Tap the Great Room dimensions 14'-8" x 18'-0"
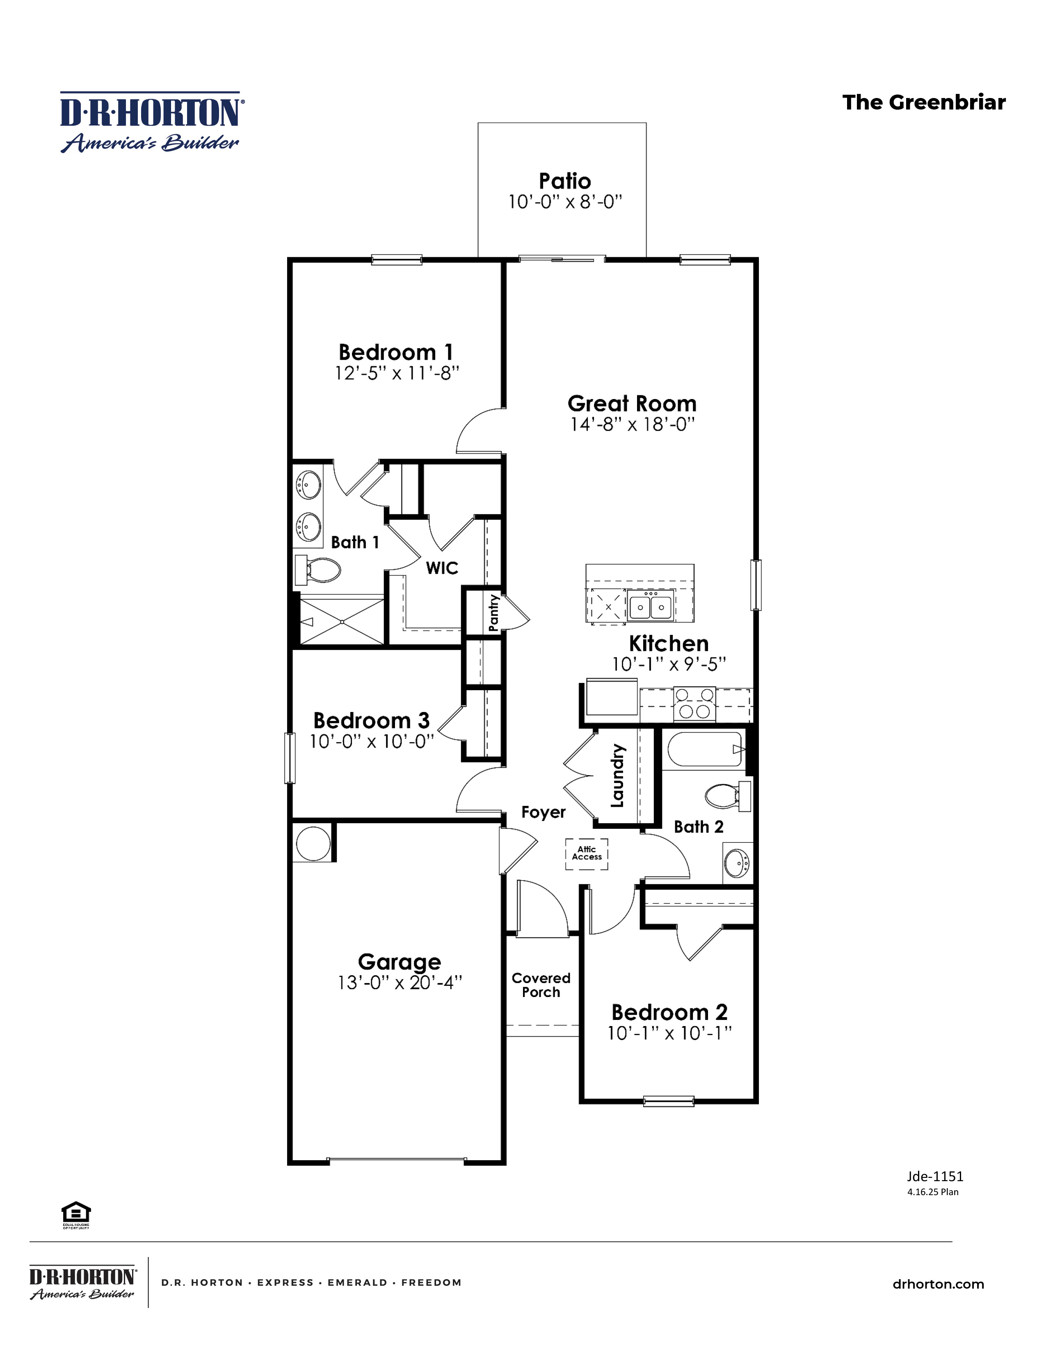632,424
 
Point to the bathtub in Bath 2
705,750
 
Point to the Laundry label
617,776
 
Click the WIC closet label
442,568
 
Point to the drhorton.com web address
938,1284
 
